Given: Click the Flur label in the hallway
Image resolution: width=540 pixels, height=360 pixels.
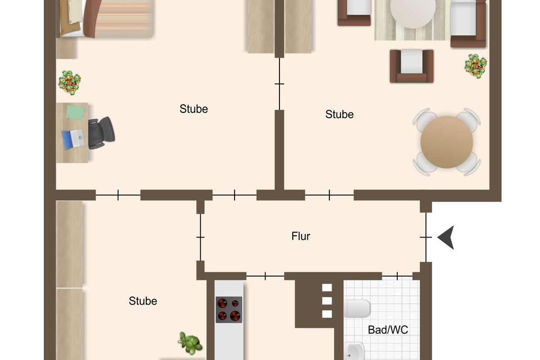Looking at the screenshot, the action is [x=301, y=236].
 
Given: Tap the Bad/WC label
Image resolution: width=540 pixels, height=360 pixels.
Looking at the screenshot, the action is [x=388, y=329].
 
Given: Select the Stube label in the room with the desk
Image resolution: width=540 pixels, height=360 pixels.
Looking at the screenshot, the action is [x=193, y=109].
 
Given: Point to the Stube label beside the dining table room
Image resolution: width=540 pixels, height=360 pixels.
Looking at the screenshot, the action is [x=339, y=114].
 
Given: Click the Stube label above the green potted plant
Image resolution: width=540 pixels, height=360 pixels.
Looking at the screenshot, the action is [x=143, y=301].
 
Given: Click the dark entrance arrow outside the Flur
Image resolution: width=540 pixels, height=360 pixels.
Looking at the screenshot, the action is [x=446, y=238].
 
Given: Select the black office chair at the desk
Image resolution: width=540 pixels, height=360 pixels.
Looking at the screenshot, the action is [x=101, y=133].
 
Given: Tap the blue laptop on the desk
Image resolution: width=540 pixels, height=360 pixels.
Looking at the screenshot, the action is [x=73, y=139].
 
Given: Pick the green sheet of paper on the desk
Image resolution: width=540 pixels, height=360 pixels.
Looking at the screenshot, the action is [x=75, y=112].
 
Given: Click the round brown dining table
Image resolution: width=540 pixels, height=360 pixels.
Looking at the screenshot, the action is [x=447, y=142].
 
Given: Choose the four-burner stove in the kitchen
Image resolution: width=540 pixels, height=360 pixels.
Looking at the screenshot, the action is [x=229, y=310].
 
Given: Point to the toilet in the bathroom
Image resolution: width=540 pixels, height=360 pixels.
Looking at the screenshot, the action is [x=357, y=308].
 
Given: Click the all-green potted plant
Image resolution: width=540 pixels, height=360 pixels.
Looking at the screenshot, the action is [x=190, y=343].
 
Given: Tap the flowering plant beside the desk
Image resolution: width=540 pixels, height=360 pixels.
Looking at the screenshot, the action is [x=70, y=83].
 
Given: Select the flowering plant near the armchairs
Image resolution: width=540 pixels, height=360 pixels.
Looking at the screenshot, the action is [x=476, y=66].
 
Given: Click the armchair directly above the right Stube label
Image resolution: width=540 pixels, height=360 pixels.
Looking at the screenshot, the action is [x=411, y=66].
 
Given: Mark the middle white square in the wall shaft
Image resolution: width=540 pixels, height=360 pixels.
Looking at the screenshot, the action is [x=327, y=301].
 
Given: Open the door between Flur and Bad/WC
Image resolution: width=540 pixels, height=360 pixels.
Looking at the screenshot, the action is [x=397, y=276].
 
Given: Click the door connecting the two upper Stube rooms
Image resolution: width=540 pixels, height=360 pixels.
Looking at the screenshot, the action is [x=279, y=84].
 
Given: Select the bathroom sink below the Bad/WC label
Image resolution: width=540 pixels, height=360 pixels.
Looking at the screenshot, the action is [x=354, y=351].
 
